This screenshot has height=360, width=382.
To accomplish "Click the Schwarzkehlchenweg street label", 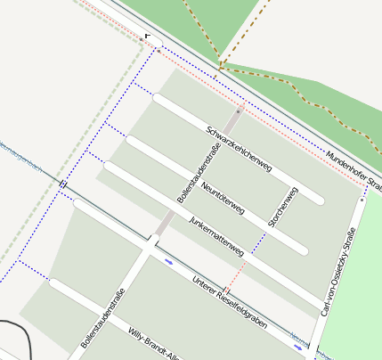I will pyautogui.click(x=238, y=147).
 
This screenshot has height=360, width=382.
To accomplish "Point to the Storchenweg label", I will pyautogui.click(x=283, y=207).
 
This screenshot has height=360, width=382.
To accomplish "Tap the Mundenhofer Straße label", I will pyautogui.click(x=354, y=170).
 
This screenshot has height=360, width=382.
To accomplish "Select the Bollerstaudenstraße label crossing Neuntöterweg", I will pyautogui.click(x=199, y=173).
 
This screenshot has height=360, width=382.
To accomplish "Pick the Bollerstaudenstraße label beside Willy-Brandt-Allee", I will pyautogui.click(x=102, y=317).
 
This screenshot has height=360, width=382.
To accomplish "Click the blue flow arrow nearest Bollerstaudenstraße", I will pyautogui.click(x=169, y=262).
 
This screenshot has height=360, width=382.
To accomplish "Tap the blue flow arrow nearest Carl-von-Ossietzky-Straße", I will pyautogui.click(x=297, y=347).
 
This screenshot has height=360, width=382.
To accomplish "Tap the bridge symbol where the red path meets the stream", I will pyautogui.click(x=226, y=291).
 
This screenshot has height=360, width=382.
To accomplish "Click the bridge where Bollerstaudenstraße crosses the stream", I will pyautogui.click(x=153, y=241).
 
